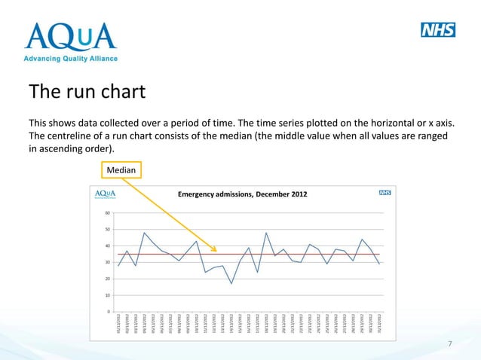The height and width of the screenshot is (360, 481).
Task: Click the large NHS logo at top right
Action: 438,30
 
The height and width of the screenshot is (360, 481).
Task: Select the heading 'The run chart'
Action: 86,93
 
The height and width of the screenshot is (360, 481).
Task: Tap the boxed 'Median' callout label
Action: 121,171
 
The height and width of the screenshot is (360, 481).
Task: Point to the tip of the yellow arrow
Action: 216,252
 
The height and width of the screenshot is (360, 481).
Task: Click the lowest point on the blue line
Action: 231,283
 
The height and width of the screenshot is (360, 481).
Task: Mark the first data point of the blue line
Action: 118,266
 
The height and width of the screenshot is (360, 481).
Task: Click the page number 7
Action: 449,344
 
